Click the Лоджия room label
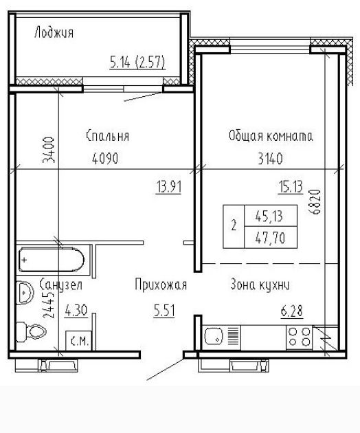pyautogui.click(x=54, y=32)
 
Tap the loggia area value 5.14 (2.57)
pyautogui.click(x=137, y=62)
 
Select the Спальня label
pyautogui.click(x=107, y=136)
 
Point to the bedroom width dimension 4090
pyautogui.click(x=105, y=159)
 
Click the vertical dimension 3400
pyautogui.click(x=49, y=150)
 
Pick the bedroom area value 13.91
pyautogui.click(x=169, y=186)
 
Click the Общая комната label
pyautogui.click(x=271, y=136)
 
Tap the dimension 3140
pyautogui.click(x=270, y=159)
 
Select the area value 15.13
pyautogui.click(x=291, y=186)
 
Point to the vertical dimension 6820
pyautogui.click(x=315, y=202)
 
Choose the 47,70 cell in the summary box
pyautogui.click(x=270, y=238)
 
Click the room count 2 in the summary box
pyautogui.click(x=234, y=225)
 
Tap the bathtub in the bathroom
pyautogui.click(x=52, y=260)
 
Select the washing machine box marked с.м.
pyautogui.click(x=78, y=341)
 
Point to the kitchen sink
pyautogui.click(x=213, y=336)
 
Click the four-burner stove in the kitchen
pyautogui.click(x=299, y=337)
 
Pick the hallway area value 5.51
pyautogui.click(x=164, y=311)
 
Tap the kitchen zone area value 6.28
pyautogui.click(x=292, y=311)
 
